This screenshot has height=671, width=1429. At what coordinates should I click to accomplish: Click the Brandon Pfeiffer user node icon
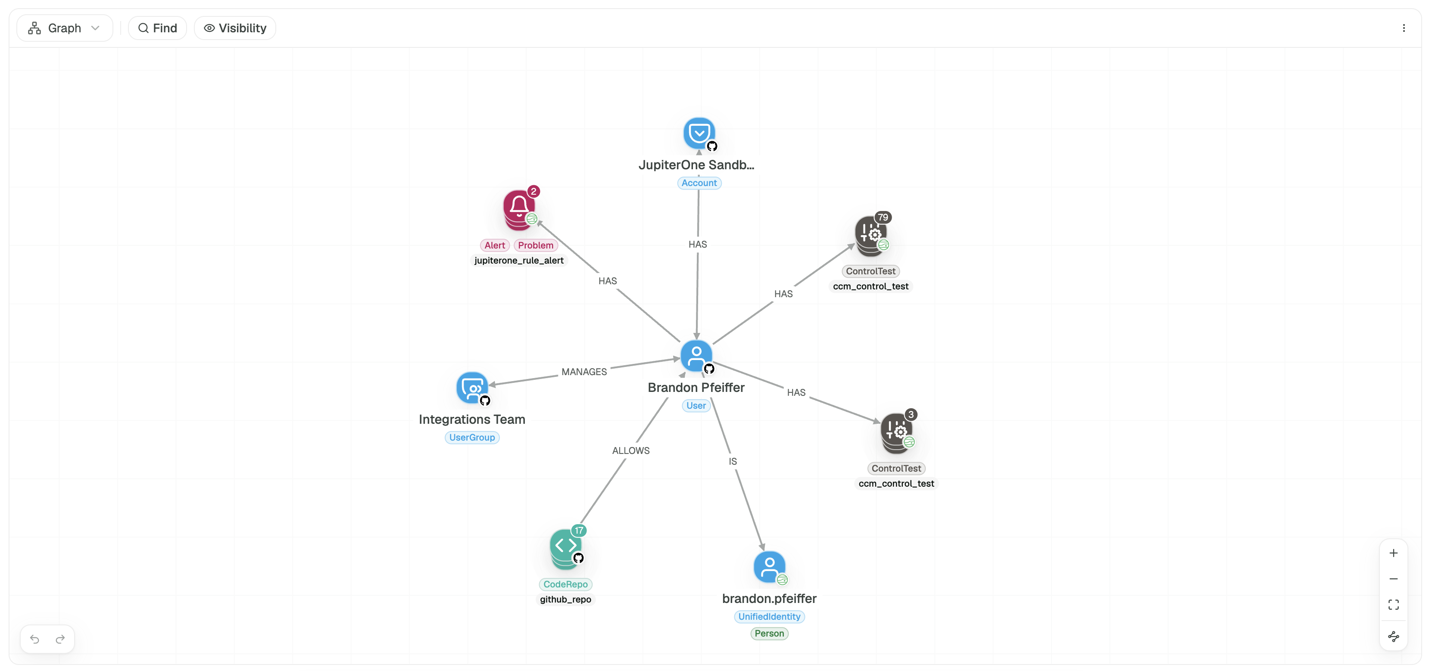click(x=696, y=355)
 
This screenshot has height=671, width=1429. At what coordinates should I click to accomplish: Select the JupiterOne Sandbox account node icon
click(x=699, y=133)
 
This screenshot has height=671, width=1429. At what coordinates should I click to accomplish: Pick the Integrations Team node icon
click(x=472, y=388)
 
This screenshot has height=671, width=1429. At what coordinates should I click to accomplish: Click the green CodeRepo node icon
click(x=566, y=548)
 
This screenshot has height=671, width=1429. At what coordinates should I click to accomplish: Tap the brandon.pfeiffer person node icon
click(x=769, y=567)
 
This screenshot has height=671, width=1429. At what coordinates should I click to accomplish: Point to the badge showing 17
click(x=579, y=531)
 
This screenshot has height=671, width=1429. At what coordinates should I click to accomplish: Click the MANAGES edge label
click(x=584, y=372)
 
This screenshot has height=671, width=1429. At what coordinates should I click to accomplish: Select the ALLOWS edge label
click(x=631, y=451)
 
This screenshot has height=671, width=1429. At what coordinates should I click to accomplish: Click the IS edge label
click(x=733, y=461)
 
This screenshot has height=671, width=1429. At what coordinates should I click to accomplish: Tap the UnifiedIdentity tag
click(x=769, y=617)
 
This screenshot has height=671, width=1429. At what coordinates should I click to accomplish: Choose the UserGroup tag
click(x=472, y=438)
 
